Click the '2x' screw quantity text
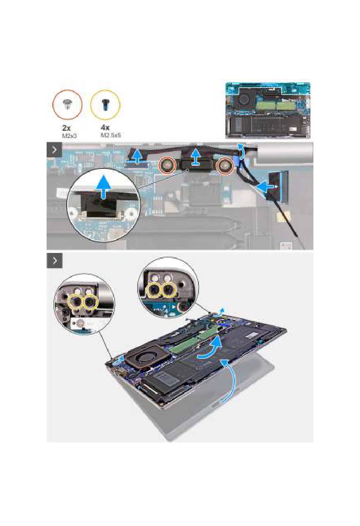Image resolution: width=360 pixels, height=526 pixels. [67, 128]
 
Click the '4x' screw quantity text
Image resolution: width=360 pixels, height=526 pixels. [105, 128]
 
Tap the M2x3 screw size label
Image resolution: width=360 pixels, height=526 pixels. [69, 135]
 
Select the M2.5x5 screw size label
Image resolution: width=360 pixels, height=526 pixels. [111, 135]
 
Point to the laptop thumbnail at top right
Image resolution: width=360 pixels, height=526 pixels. [268, 110]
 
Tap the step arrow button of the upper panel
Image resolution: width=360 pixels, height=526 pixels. [55, 149]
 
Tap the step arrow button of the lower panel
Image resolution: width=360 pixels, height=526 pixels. [55, 261]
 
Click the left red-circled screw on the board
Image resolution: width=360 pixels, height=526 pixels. [167, 166]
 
